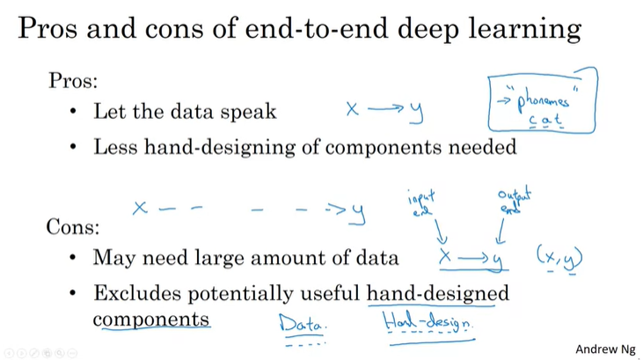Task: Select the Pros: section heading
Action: point(73,81)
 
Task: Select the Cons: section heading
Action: point(72,227)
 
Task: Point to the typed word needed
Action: point(483,147)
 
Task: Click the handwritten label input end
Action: point(420,202)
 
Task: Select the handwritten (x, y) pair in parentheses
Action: point(559,257)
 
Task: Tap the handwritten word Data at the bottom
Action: point(302,324)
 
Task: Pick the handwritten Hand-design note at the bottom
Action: point(428,322)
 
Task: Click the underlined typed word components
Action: point(151,319)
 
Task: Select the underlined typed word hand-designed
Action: point(437,293)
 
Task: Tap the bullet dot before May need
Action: point(74,259)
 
